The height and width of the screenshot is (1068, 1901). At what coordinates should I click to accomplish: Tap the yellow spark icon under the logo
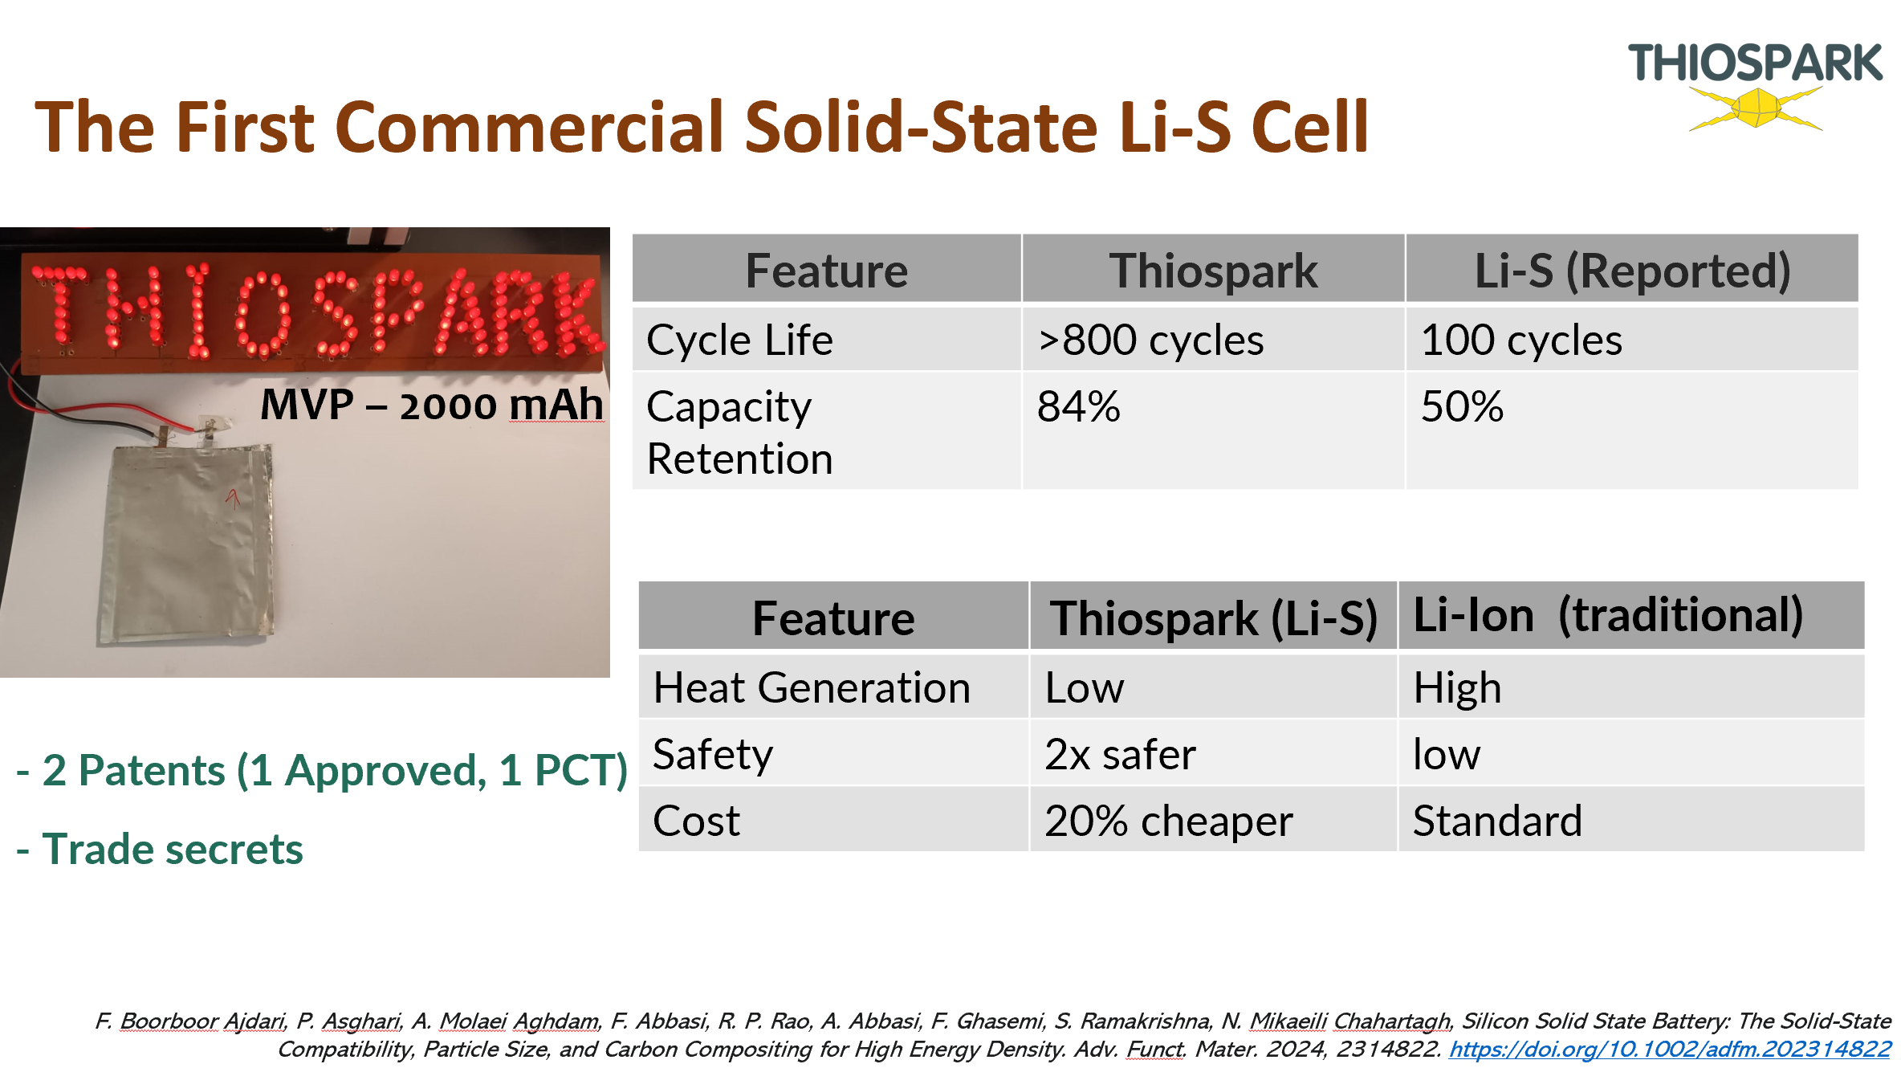[x=1756, y=108]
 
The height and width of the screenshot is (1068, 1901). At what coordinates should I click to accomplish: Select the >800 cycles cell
[x=1150, y=340]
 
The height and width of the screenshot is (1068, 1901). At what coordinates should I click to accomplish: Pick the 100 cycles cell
[x=1521, y=340]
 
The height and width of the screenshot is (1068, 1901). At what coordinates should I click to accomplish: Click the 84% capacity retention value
[x=1078, y=406]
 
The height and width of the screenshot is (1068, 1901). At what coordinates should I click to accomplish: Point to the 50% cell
[x=1462, y=406]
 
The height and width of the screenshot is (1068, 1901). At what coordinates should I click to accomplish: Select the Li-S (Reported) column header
[x=1633, y=271]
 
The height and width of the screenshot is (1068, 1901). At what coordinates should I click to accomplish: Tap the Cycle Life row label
[x=739, y=340]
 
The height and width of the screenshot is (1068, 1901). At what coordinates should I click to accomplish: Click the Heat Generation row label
[x=812, y=688]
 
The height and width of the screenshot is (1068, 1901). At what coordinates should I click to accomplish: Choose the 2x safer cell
[x=1120, y=755]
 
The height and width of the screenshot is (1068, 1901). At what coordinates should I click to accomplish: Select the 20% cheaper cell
[x=1169, y=821]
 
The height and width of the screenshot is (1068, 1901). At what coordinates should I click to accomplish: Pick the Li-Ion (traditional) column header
[x=1608, y=615]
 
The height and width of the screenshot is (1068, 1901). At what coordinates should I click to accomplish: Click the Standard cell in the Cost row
[x=1497, y=821]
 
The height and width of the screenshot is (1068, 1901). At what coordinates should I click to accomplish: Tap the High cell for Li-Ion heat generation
[x=1457, y=689]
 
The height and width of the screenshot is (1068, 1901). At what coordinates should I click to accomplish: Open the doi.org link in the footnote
[x=1670, y=1050]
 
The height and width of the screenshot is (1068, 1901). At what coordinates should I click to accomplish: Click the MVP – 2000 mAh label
[x=432, y=404]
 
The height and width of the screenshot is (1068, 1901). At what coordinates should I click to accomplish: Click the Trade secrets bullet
[x=160, y=850]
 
